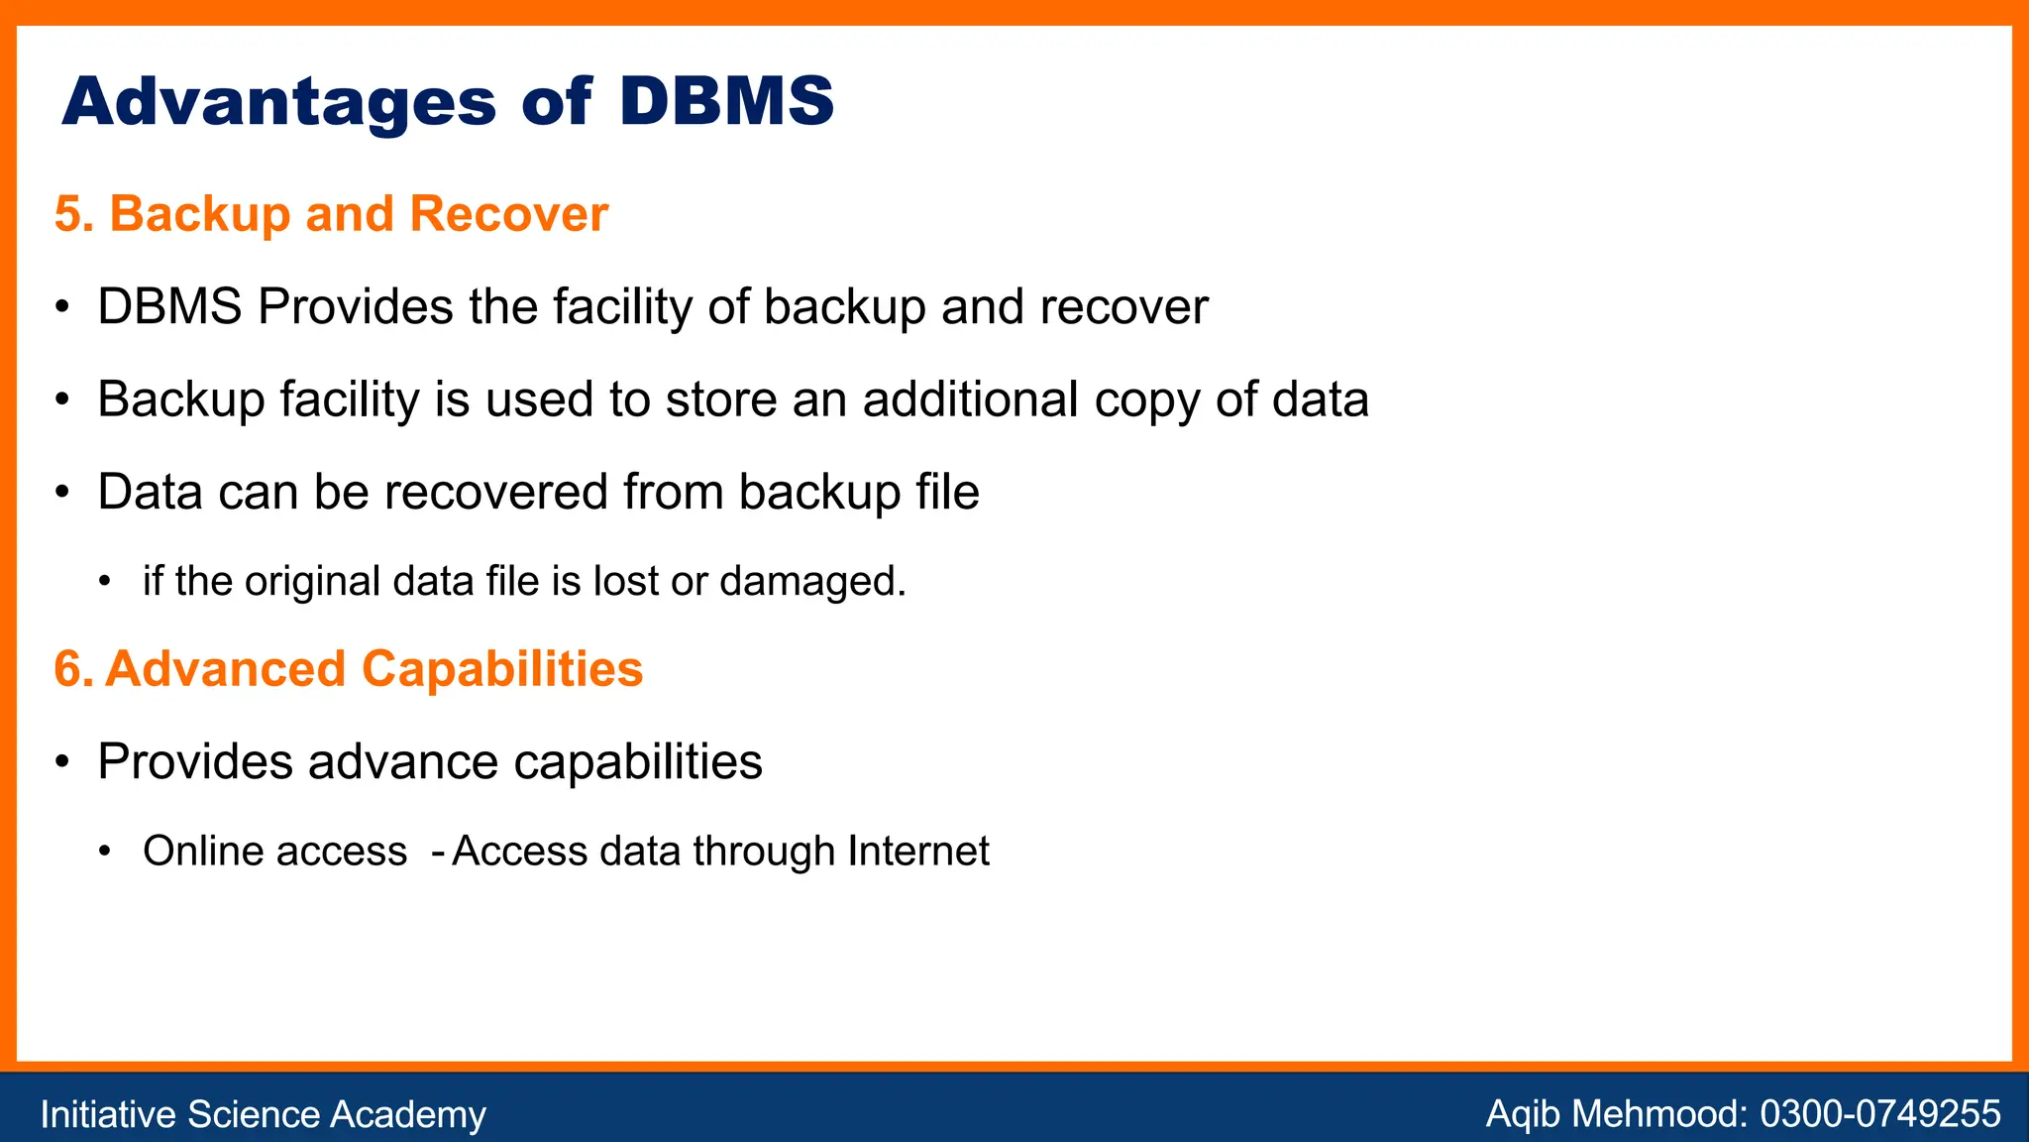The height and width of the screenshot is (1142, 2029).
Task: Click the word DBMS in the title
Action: [x=726, y=101]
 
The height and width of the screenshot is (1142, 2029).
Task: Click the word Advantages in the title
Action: [x=278, y=103]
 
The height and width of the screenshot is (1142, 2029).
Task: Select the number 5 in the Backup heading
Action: [x=67, y=214]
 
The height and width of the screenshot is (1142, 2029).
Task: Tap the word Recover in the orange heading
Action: [x=508, y=214]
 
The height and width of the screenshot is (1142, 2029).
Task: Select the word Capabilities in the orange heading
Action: [x=502, y=669]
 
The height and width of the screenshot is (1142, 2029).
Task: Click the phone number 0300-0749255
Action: [x=1879, y=1114]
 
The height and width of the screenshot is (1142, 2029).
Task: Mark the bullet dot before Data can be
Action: [x=62, y=493]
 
